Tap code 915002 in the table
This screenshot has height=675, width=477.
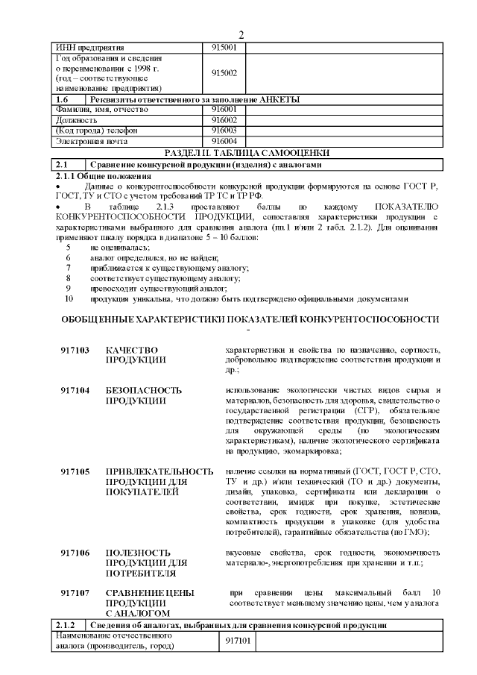tap(224, 73)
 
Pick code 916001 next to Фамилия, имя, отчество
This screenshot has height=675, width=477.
tap(224, 109)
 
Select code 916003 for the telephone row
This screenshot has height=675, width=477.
tap(224, 130)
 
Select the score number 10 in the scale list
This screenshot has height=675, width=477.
tap(69, 298)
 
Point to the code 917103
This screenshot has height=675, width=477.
tap(75, 350)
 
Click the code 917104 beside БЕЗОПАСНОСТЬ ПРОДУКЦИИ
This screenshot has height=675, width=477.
tap(75, 390)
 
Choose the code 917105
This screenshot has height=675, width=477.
tap(75, 471)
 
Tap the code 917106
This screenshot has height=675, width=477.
tap(75, 553)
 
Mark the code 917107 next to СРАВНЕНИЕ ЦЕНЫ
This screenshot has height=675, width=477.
tap(75, 593)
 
